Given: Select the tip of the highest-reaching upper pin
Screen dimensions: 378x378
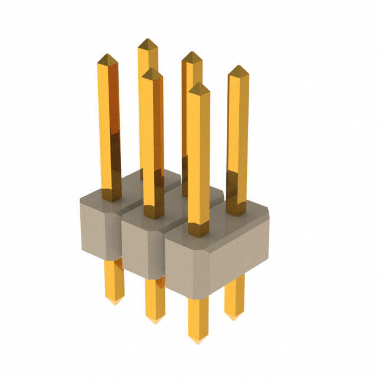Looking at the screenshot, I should coord(147,41).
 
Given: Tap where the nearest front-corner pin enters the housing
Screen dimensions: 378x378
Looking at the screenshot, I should coord(198,232).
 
